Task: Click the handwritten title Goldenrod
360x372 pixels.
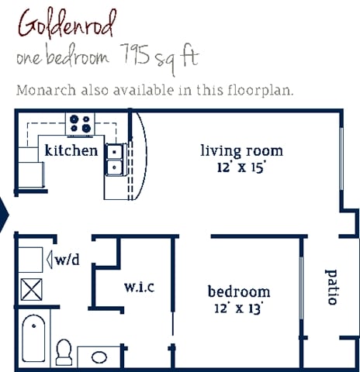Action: pyautogui.click(x=67, y=26)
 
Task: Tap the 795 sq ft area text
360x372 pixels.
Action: pyautogui.click(x=159, y=59)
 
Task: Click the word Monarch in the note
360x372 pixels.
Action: pyautogui.click(x=47, y=91)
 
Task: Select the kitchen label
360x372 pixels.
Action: pyautogui.click(x=71, y=150)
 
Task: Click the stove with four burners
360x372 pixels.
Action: pyautogui.click(x=80, y=124)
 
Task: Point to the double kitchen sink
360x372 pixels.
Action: pyautogui.click(x=114, y=160)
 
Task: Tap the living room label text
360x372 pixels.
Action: pyautogui.click(x=242, y=151)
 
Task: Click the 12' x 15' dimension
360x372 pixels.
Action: pyautogui.click(x=241, y=167)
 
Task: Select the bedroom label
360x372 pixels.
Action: pyautogui.click(x=239, y=291)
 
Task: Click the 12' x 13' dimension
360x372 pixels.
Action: pyautogui.click(x=239, y=308)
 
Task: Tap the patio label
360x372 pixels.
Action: pyautogui.click(x=331, y=287)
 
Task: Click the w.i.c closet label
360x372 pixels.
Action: pyautogui.click(x=140, y=287)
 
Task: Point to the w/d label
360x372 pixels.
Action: pyautogui.click(x=67, y=260)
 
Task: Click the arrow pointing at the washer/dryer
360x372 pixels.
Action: pyautogui.click(x=49, y=260)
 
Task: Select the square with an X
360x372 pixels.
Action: pyautogui.click(x=31, y=289)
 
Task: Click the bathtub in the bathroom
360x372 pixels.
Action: pyautogui.click(x=33, y=339)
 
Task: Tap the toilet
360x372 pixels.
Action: pyautogui.click(x=64, y=353)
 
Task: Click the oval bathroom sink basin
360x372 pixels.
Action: pyautogui.click(x=99, y=357)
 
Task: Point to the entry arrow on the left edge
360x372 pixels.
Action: pyautogui.click(x=4, y=215)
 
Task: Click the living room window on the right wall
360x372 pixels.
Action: pyautogui.click(x=341, y=159)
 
